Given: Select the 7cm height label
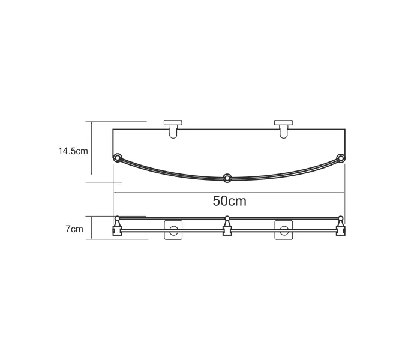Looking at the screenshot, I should point(74,229).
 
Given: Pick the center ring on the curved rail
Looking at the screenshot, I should point(227,178).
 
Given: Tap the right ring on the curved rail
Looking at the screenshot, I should point(340,158).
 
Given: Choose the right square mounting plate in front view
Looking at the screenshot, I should point(284,230).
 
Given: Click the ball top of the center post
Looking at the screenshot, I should point(227,218).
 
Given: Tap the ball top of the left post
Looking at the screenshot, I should point(116,218).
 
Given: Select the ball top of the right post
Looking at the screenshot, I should point(341,218).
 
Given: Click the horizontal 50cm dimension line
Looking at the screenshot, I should point(180,193).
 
